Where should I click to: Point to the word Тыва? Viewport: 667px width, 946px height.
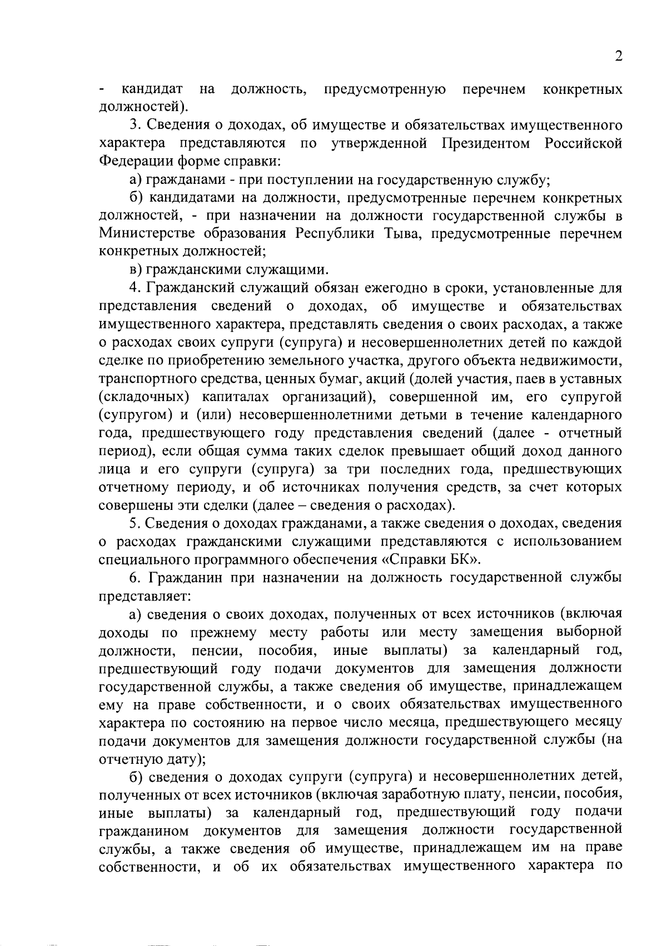tap(389, 234)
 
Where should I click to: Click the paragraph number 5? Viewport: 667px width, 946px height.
tap(134, 523)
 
